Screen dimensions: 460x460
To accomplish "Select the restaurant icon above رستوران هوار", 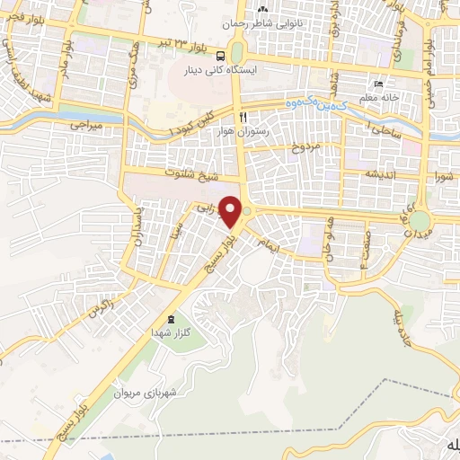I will click(242, 117).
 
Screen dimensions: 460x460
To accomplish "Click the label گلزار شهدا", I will click(172, 332).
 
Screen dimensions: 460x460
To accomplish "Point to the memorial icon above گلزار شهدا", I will click(172, 319).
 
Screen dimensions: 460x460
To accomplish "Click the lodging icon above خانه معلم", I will click(378, 81).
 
